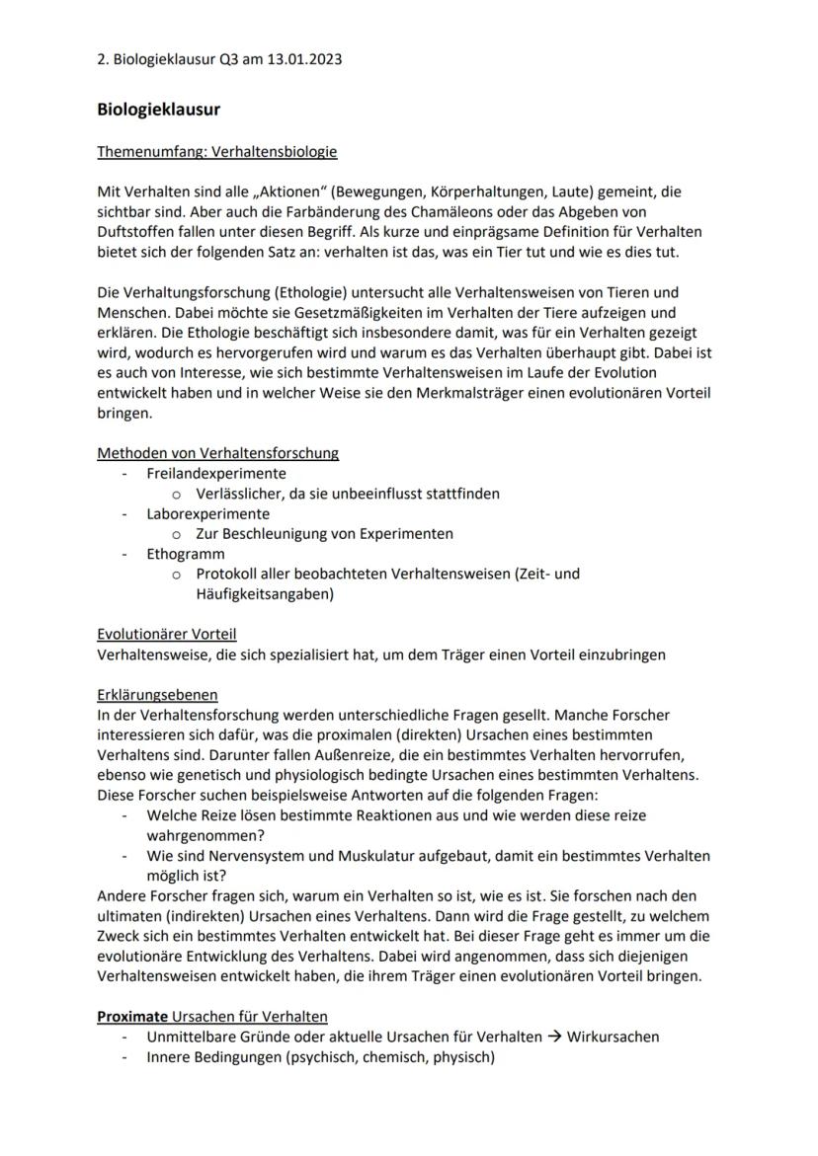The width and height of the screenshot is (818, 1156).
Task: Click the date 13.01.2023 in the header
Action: click(x=305, y=59)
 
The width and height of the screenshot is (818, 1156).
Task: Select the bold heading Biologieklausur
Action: click(x=158, y=110)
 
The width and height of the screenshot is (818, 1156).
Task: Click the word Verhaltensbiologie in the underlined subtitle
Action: click(x=275, y=152)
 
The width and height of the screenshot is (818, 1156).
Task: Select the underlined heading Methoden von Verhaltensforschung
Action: click(x=217, y=453)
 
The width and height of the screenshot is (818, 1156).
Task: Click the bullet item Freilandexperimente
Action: click(x=216, y=473)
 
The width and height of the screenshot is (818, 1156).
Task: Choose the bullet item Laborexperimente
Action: click(x=207, y=513)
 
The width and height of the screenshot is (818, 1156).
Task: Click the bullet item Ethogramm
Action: click(x=186, y=554)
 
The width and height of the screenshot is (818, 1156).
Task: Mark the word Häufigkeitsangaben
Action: click(x=262, y=594)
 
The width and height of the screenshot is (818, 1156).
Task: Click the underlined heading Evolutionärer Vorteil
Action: click(x=166, y=634)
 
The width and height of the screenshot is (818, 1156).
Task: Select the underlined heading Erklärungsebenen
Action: click(x=157, y=694)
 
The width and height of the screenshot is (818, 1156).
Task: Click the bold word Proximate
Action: click(x=131, y=1016)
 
